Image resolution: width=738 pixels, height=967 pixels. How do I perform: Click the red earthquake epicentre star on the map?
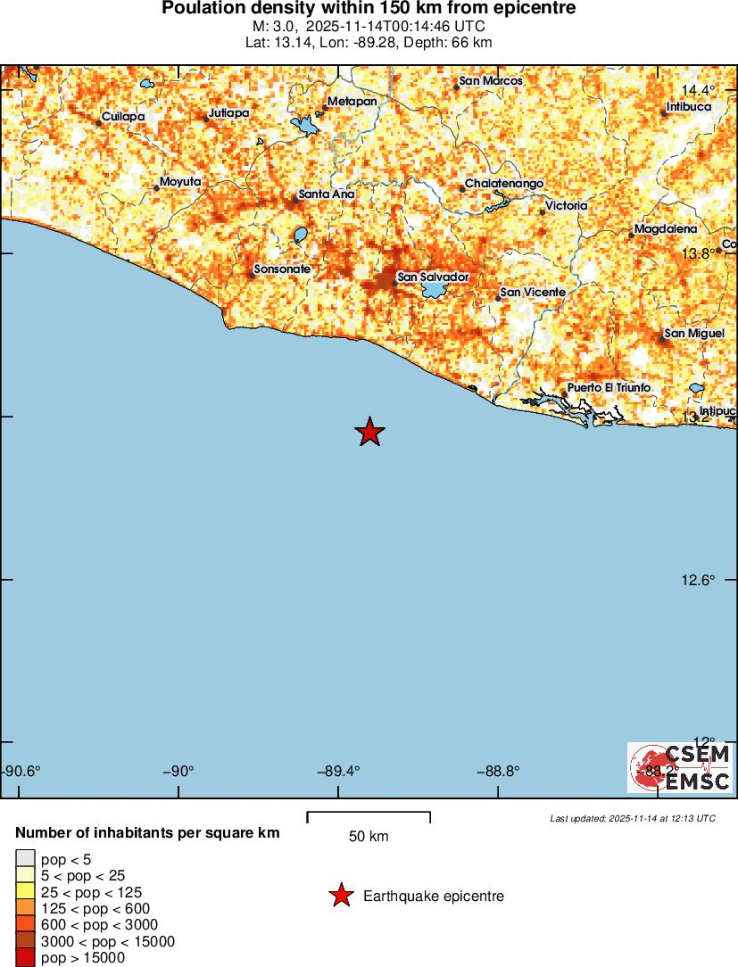point(369,432)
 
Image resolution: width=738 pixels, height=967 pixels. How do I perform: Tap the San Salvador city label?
point(433,277)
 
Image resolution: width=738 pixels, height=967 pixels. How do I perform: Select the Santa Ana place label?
point(327,194)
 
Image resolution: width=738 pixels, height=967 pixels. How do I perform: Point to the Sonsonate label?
point(282,269)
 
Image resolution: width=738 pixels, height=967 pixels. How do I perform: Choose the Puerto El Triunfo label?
point(609,387)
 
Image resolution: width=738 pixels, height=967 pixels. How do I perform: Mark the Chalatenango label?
point(504,184)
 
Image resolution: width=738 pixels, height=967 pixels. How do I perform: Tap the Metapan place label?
point(352,102)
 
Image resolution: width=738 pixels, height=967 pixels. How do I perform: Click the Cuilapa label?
point(123,116)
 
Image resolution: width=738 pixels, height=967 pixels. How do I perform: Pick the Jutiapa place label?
point(228,113)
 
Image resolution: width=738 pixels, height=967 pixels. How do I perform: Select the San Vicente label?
point(533,292)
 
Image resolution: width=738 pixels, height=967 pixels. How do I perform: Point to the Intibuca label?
point(689,107)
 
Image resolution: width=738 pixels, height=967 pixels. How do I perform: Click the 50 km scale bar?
point(369,817)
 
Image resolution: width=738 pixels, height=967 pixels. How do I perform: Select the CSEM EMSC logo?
point(680,767)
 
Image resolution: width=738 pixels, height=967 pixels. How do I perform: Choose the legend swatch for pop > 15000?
point(24,958)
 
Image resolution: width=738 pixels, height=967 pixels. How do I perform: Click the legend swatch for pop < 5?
point(24,859)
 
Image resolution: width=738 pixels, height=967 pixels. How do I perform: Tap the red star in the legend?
point(340,896)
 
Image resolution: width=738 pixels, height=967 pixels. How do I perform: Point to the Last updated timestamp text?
point(633,818)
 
